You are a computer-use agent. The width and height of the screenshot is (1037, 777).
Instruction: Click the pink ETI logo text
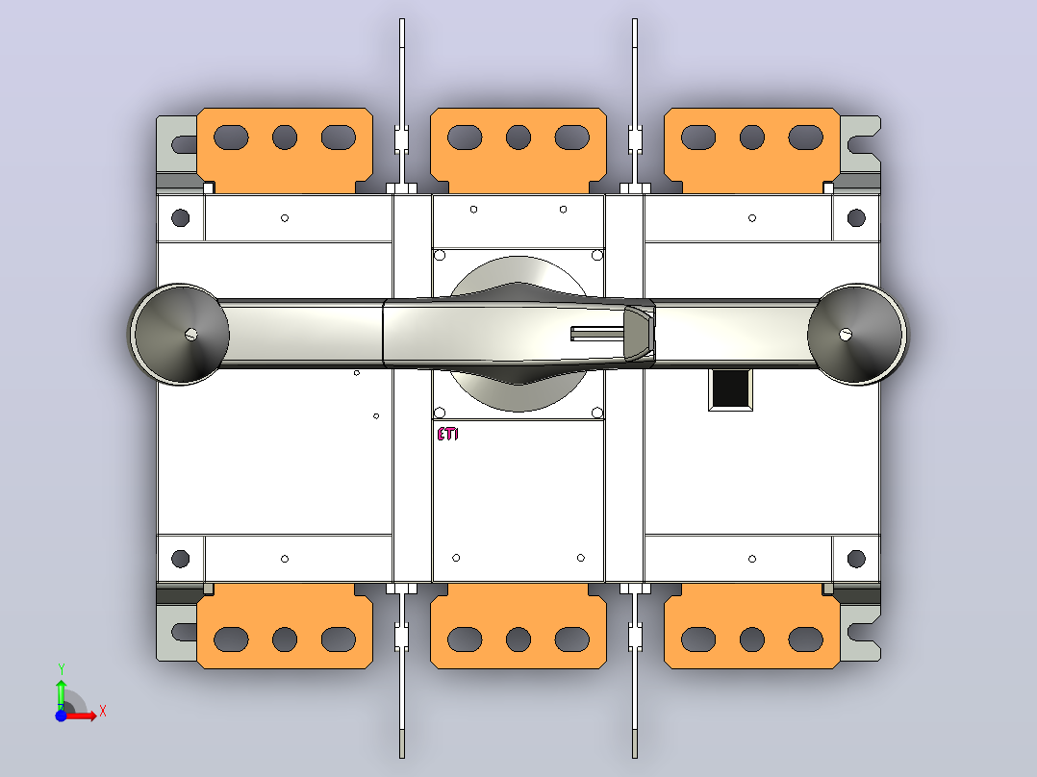click(447, 434)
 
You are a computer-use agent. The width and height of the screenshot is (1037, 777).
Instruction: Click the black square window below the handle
click(730, 388)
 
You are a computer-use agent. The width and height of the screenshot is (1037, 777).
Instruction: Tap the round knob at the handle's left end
click(180, 334)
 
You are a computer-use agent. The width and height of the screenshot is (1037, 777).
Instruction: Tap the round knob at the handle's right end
click(857, 334)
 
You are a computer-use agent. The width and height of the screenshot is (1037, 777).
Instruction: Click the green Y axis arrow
click(61, 691)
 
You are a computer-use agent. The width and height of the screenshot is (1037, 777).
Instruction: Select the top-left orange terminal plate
click(285, 150)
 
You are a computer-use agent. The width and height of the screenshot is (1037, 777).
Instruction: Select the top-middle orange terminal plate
click(518, 150)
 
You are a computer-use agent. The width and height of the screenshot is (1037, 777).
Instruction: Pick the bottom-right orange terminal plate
click(752, 626)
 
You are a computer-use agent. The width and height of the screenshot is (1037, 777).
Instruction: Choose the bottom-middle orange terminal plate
click(518, 626)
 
